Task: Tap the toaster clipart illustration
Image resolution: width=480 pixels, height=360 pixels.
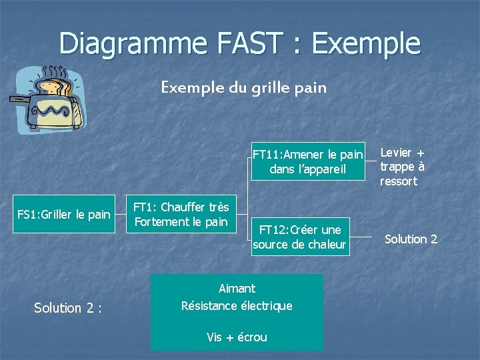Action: click(x=48, y=98)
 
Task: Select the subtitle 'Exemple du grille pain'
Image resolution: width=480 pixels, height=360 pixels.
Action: click(x=243, y=87)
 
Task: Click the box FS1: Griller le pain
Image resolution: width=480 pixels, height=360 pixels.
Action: click(x=63, y=215)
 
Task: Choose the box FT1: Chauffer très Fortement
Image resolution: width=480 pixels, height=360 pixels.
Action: click(x=181, y=215)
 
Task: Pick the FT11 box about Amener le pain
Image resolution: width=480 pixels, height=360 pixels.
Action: click(x=307, y=162)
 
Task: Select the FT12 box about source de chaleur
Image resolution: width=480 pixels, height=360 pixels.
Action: click(x=299, y=237)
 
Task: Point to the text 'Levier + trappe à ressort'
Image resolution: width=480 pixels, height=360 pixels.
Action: click(x=402, y=167)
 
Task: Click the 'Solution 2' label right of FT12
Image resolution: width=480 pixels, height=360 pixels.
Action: click(x=411, y=239)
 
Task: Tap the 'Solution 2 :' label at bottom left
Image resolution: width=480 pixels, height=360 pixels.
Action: click(x=67, y=308)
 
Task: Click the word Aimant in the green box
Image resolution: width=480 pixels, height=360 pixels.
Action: click(x=237, y=289)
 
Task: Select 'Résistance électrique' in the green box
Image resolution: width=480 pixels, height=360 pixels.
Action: click(x=237, y=306)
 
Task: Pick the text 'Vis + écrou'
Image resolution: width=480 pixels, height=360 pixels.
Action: click(x=237, y=337)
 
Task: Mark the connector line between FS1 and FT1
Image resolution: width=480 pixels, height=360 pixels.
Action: click(x=119, y=215)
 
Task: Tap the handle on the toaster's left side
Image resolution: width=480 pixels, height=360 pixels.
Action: click(x=19, y=101)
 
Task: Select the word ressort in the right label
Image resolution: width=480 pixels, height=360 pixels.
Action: click(x=398, y=181)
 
